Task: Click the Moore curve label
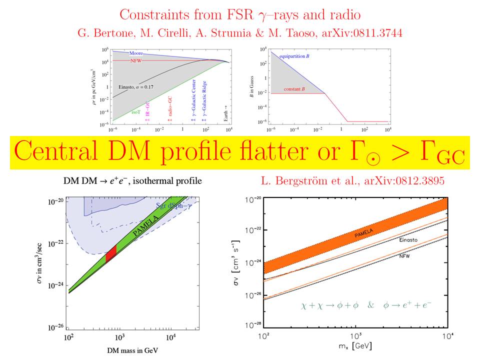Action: [x=137, y=53]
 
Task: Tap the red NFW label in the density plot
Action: [x=136, y=60]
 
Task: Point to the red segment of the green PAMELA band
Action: [x=111, y=253]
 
